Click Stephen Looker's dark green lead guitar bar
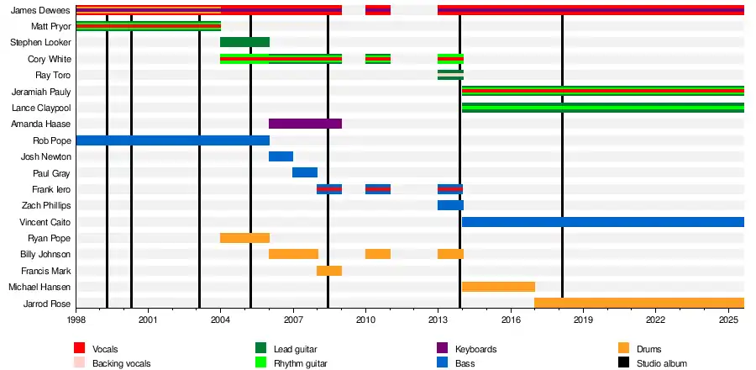coord(244,42)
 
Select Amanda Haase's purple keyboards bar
coord(305,124)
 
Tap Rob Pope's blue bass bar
coord(172,140)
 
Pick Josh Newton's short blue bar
coord(281,156)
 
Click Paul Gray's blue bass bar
coord(305,172)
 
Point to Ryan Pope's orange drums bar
coord(244,238)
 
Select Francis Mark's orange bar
coord(329,271)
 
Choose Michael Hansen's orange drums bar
coord(498,287)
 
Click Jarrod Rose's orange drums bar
coord(638,303)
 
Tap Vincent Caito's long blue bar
coord(602,222)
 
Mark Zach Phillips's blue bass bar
coord(450,205)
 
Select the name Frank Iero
coord(52,189)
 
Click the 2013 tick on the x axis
coord(438,320)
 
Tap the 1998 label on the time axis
coord(76,320)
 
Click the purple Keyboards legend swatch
coord(443,348)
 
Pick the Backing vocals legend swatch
coord(80,363)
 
